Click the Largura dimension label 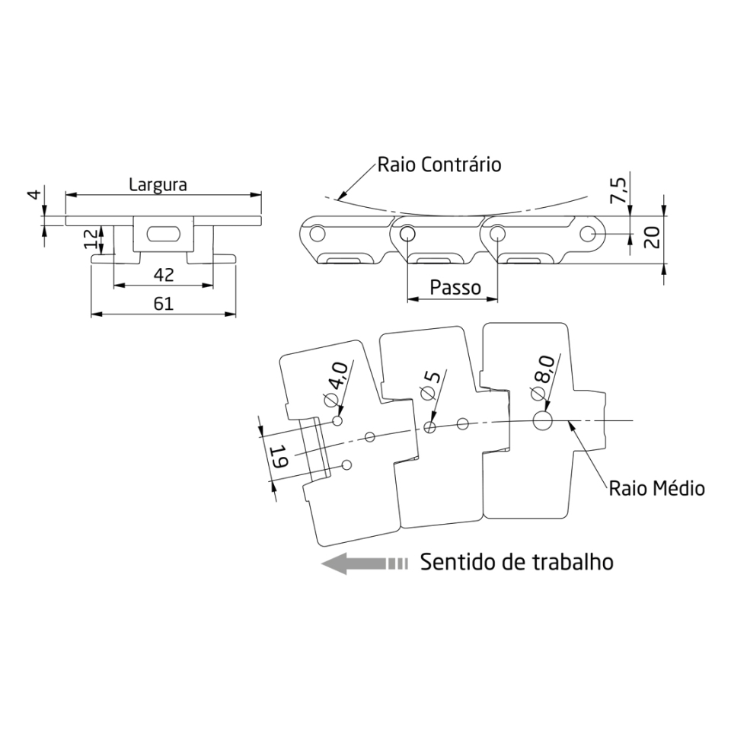point(158,184)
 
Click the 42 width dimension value point(163,274)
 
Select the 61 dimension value point(163,303)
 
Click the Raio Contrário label point(439,164)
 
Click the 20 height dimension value point(651,237)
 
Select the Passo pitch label point(455,288)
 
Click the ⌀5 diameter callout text point(429,386)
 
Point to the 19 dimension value point(279,458)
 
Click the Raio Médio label point(656,487)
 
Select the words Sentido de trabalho point(517,563)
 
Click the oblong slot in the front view point(162,232)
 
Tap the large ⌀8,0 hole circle point(544,420)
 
